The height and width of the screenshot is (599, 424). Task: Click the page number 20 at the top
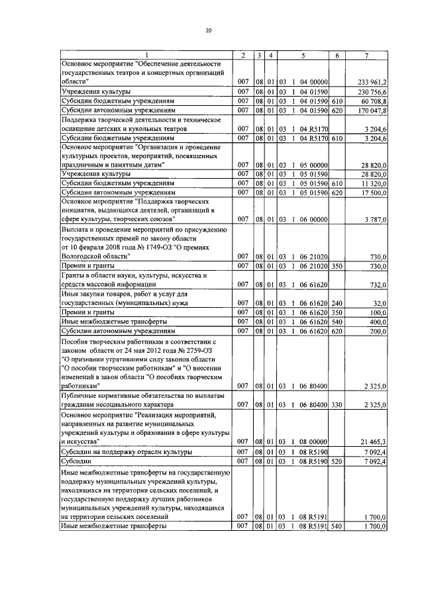click(x=209, y=30)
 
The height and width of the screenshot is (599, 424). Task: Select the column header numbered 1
click(x=147, y=54)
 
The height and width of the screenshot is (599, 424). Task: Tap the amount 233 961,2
click(x=372, y=81)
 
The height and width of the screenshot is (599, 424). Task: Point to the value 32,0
click(x=380, y=302)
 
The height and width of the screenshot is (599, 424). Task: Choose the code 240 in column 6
click(x=337, y=302)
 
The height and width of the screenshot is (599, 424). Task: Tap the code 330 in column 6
click(x=337, y=403)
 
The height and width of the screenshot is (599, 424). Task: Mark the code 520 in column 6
click(x=337, y=460)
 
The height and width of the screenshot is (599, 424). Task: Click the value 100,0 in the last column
click(x=379, y=311)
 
